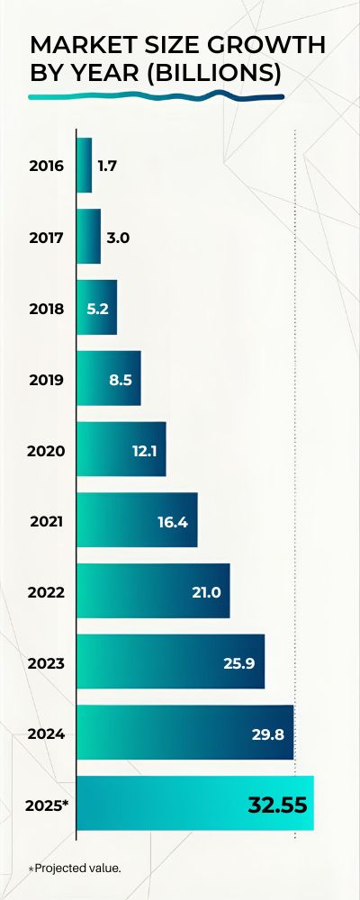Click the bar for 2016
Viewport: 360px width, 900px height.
[x=85, y=165]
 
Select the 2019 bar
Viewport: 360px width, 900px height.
[x=108, y=378]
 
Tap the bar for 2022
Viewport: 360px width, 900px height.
[x=153, y=590]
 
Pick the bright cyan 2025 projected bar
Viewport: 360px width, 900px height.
[x=194, y=803]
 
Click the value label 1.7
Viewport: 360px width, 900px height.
[x=108, y=166]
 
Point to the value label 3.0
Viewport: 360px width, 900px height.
[x=118, y=238]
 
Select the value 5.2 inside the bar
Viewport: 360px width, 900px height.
[x=97, y=309]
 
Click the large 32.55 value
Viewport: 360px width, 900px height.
[x=277, y=804]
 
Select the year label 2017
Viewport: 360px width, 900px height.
[x=47, y=238]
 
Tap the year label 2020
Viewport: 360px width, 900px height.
[x=47, y=449]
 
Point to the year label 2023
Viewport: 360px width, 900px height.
[x=47, y=662]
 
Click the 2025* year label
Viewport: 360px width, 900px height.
[x=49, y=804]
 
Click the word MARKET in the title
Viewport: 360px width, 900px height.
[x=82, y=46]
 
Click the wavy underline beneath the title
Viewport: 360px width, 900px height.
[x=157, y=95]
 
